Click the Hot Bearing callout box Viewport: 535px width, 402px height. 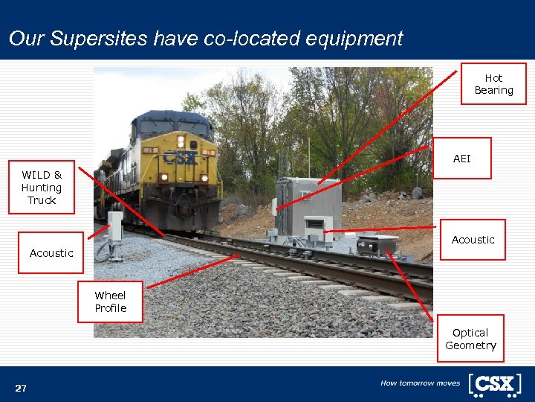coord(493,83)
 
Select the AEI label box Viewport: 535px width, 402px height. coord(461,159)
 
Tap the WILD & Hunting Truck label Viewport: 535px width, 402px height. coord(42,188)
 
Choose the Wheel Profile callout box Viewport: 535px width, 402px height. coord(110,301)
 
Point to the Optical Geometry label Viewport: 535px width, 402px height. coord(470,339)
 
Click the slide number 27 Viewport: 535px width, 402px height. coord(21,388)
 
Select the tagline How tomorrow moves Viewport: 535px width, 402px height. coord(420,383)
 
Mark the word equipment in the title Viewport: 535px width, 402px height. coord(354,39)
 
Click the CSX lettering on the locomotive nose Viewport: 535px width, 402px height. coord(180,158)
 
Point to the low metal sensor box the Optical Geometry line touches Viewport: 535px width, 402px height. coord(377,244)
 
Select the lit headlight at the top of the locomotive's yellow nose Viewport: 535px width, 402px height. coord(181,140)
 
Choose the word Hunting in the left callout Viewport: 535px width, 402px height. coord(42,188)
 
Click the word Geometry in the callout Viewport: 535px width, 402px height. coord(470,345)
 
